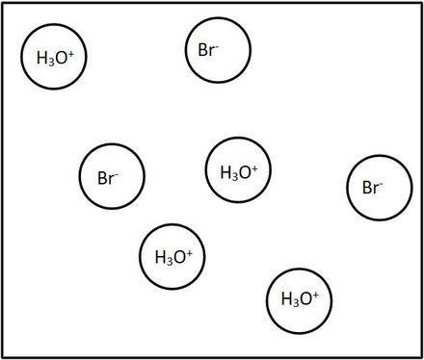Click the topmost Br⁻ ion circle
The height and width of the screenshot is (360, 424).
218,50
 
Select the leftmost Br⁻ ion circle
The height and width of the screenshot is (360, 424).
112,177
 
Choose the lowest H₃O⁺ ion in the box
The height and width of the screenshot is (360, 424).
299,299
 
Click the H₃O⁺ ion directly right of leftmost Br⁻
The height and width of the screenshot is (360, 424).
238,172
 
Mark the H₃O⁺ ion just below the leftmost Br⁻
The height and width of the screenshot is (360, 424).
173,257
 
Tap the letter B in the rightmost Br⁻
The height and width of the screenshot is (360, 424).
367,188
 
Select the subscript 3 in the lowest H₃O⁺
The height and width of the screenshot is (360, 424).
292,302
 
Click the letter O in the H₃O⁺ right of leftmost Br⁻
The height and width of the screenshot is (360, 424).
245,173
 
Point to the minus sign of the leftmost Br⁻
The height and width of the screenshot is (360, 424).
117,172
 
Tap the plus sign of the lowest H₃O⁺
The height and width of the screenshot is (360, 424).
315,295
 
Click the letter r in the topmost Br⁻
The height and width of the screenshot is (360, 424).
212,51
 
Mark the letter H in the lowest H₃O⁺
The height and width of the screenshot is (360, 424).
285,299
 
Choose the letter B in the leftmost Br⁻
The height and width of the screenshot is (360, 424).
102,178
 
